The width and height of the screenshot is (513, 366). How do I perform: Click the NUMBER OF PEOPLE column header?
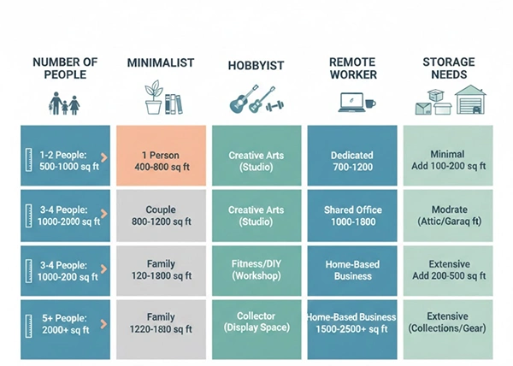[65, 68]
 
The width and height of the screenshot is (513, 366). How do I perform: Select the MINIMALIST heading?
[161, 63]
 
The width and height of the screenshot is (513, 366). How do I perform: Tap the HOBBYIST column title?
[256, 66]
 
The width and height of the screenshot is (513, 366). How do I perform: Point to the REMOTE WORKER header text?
[351, 68]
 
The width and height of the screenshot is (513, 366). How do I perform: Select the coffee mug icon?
[369, 103]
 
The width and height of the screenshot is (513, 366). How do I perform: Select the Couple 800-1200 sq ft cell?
[161, 216]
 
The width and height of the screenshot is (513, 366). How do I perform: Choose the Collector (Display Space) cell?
[256, 322]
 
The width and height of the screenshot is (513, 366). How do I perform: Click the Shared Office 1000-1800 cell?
[351, 216]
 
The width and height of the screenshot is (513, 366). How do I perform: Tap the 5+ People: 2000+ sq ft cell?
[65, 322]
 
